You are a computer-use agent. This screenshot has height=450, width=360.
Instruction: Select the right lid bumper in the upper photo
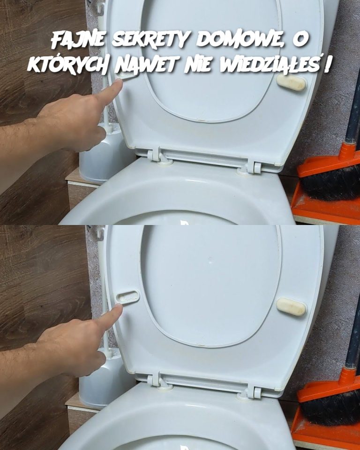coord(291,83)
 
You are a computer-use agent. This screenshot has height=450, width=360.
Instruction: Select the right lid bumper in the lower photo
coord(291,307)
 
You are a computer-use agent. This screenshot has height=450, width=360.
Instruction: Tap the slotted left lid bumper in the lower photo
coord(127,296)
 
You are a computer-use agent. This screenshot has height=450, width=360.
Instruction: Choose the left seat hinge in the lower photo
coord(157,381)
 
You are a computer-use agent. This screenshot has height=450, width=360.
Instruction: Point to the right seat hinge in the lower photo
coord(253,390)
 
